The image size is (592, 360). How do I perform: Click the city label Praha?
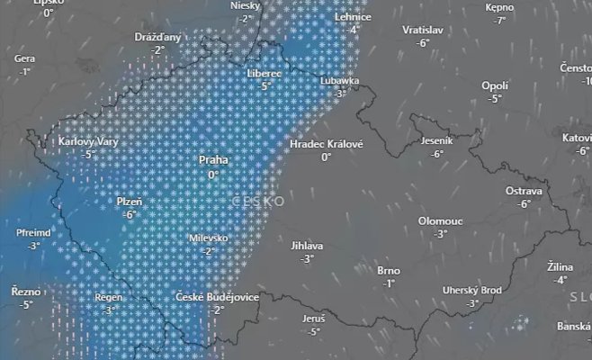pyautogui.click(x=213, y=161)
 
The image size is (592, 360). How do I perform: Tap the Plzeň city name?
pyautogui.click(x=130, y=202)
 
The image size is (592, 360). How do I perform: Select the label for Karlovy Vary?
pyautogui.click(x=89, y=141)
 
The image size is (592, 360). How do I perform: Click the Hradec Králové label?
pyautogui.click(x=326, y=144)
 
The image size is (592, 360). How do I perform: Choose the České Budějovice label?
pyautogui.click(x=217, y=297)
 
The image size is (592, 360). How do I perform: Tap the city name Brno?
pyautogui.click(x=389, y=270)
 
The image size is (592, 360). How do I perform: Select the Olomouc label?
pyautogui.click(x=440, y=220)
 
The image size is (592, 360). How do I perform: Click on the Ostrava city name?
pyautogui.click(x=524, y=191)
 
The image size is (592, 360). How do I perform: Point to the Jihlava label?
pyautogui.click(x=307, y=245)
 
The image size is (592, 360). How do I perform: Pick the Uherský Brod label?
pyautogui.click(x=472, y=290)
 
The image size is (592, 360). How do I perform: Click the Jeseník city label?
pyautogui.click(x=437, y=141)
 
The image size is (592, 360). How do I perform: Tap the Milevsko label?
pyautogui.click(x=209, y=238)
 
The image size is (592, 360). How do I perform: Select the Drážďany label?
pyautogui.click(x=157, y=37)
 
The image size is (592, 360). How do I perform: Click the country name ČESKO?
pyautogui.click(x=258, y=201)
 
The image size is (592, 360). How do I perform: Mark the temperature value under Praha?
pyautogui.click(x=213, y=175)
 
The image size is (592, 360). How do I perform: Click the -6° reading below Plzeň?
pyautogui.click(x=130, y=215)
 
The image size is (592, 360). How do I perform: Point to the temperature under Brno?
pyautogui.click(x=389, y=283)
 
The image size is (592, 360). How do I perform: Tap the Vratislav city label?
pyautogui.click(x=423, y=29)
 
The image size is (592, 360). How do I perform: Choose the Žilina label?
pyautogui.click(x=561, y=267)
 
